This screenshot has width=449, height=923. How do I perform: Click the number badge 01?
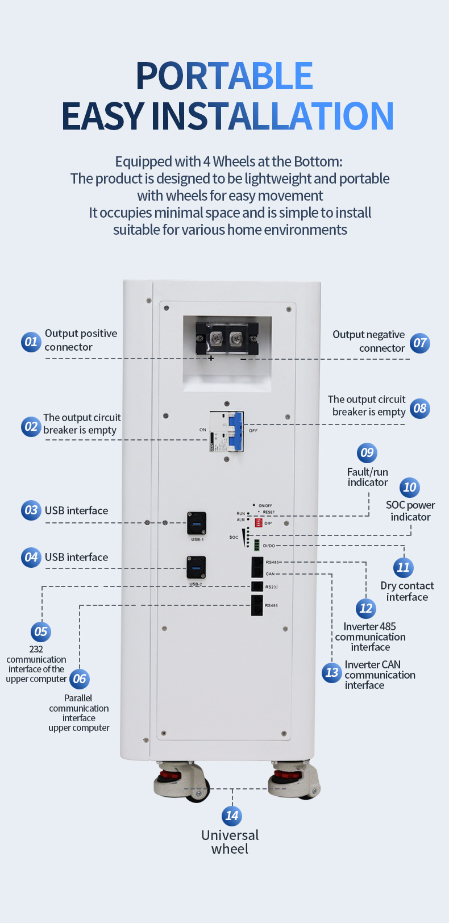(x=31, y=342)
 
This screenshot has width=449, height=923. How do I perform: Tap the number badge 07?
(x=419, y=343)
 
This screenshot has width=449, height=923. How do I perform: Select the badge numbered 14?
(x=231, y=816)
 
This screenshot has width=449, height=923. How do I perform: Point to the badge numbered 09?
(x=367, y=452)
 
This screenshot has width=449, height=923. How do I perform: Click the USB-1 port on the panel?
(x=197, y=523)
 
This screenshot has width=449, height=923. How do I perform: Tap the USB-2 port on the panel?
(x=196, y=568)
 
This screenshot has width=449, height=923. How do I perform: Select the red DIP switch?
(x=259, y=523)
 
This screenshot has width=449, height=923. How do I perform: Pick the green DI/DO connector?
(x=257, y=546)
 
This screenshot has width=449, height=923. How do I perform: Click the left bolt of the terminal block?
(x=216, y=339)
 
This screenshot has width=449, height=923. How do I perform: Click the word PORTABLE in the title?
(x=224, y=76)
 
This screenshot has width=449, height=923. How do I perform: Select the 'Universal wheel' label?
(x=230, y=842)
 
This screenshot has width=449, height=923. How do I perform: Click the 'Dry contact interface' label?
(x=407, y=591)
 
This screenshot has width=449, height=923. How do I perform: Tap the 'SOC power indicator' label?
(x=410, y=510)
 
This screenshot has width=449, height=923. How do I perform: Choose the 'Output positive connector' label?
(x=81, y=340)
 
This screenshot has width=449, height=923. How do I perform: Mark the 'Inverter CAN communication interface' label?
(x=379, y=675)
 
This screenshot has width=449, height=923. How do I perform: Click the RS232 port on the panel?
(x=257, y=587)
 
